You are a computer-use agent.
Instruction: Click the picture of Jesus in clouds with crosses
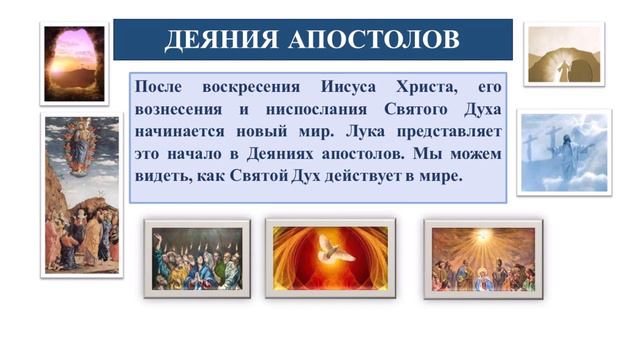point(564,152)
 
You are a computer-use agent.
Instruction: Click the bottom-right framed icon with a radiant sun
point(484,258)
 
